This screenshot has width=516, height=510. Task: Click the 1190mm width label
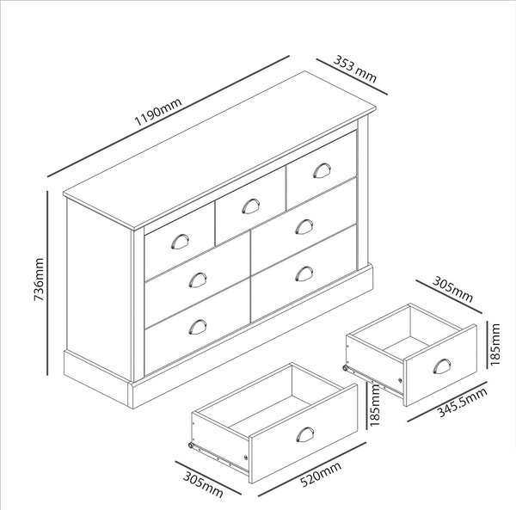(x=158, y=112)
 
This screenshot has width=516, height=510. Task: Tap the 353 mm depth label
(x=355, y=69)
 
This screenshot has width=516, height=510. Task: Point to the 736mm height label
(x=39, y=280)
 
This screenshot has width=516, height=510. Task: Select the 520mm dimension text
(x=321, y=474)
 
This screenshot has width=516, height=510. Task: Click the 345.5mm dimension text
(x=463, y=402)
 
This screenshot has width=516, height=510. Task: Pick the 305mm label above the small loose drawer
(x=452, y=289)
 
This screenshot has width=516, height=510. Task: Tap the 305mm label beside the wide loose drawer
(x=203, y=485)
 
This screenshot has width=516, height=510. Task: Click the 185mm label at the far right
(x=494, y=345)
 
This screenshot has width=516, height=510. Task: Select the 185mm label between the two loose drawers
(x=374, y=405)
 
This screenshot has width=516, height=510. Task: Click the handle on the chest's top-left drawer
(x=180, y=241)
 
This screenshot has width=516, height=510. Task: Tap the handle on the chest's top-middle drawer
(x=251, y=206)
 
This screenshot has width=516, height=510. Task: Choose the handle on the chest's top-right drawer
(x=322, y=170)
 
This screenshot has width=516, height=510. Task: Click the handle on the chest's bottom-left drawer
(x=198, y=327)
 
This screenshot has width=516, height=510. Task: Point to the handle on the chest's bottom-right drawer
(x=304, y=273)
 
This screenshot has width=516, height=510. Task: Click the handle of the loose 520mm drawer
(x=305, y=434)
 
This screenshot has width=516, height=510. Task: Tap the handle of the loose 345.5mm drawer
(x=442, y=366)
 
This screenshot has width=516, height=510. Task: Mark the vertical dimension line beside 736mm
(x=47, y=283)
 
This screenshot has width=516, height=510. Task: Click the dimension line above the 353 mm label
(x=352, y=77)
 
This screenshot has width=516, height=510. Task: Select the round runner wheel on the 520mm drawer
(x=191, y=445)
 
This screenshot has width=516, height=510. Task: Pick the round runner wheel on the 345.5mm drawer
(x=345, y=368)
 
